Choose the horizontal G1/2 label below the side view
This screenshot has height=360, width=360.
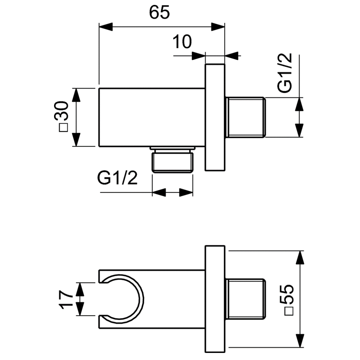[x=117, y=178]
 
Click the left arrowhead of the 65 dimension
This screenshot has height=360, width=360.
[x=106, y=26]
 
